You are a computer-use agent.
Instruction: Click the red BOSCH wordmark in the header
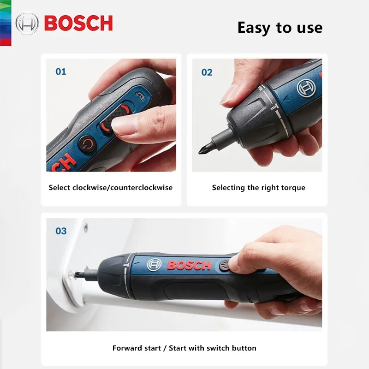[78, 23]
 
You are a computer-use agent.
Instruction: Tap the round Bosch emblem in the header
[27, 24]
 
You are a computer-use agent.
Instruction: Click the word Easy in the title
[254, 28]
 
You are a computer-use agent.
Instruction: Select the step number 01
[61, 71]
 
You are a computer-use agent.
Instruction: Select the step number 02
[207, 72]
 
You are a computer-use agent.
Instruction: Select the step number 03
[61, 231]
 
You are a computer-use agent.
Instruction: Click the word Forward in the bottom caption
[126, 348]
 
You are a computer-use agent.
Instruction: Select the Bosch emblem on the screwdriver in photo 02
[306, 87]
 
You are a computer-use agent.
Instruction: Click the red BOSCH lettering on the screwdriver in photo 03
[189, 265]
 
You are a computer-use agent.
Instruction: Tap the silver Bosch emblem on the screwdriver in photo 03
[154, 265]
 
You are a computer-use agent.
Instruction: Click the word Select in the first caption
[60, 188]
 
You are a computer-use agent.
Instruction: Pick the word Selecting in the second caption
[227, 188]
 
